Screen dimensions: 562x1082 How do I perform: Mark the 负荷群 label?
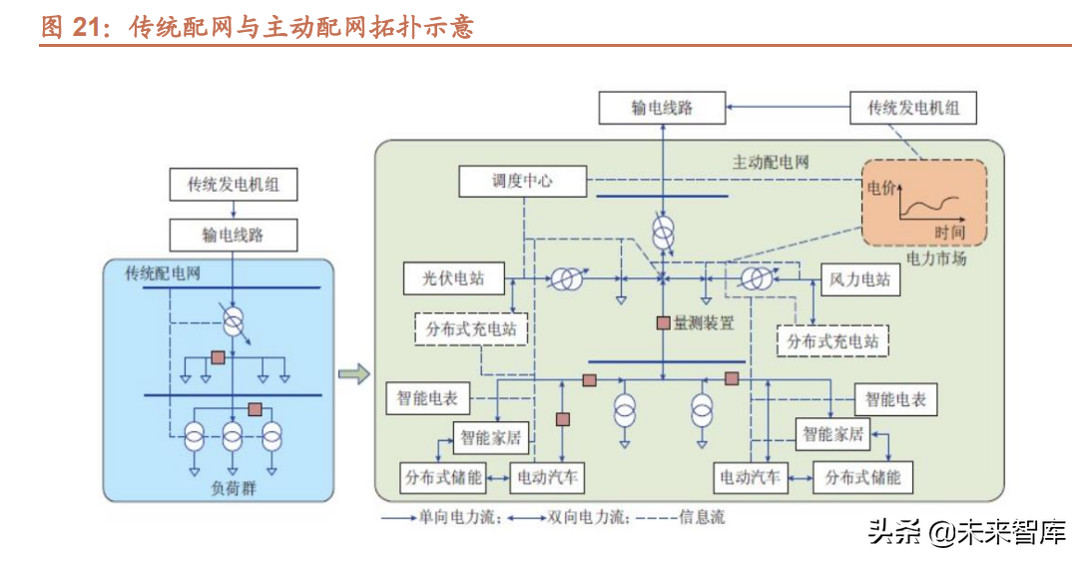point(233,487)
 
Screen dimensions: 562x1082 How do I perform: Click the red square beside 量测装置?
point(662,322)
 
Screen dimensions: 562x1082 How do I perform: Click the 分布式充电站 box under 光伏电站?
point(469,327)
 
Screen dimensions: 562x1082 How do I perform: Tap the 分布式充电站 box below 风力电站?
point(832,340)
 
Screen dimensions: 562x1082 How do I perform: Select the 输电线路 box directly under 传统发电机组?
point(233,236)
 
